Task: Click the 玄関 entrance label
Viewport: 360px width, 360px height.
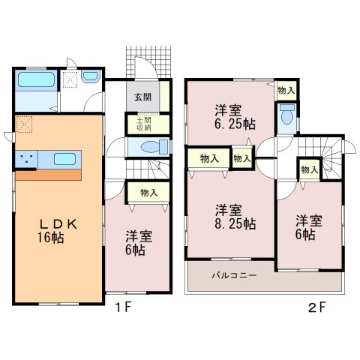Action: click(x=143, y=97)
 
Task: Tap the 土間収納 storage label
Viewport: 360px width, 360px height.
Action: click(x=144, y=124)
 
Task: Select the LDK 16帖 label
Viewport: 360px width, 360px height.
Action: click(x=58, y=231)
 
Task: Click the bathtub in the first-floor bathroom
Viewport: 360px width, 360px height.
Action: click(x=36, y=79)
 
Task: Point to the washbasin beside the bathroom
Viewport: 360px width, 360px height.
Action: click(x=91, y=76)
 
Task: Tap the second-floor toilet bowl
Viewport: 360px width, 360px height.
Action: click(x=287, y=115)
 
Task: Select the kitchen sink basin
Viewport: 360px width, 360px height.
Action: click(x=64, y=159)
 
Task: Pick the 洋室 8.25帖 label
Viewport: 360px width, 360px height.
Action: click(x=235, y=217)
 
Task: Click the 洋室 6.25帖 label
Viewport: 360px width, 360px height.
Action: click(x=235, y=117)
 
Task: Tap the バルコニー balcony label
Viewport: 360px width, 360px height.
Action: click(x=235, y=275)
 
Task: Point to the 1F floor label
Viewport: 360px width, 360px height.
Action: click(x=123, y=307)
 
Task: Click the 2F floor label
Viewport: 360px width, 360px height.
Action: click(x=317, y=307)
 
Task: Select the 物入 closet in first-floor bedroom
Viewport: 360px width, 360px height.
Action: click(x=148, y=193)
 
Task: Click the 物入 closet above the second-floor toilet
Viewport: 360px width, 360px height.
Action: click(x=286, y=90)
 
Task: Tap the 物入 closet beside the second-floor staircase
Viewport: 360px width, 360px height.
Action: click(x=310, y=170)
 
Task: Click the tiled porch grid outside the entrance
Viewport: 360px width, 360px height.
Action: click(x=148, y=62)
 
